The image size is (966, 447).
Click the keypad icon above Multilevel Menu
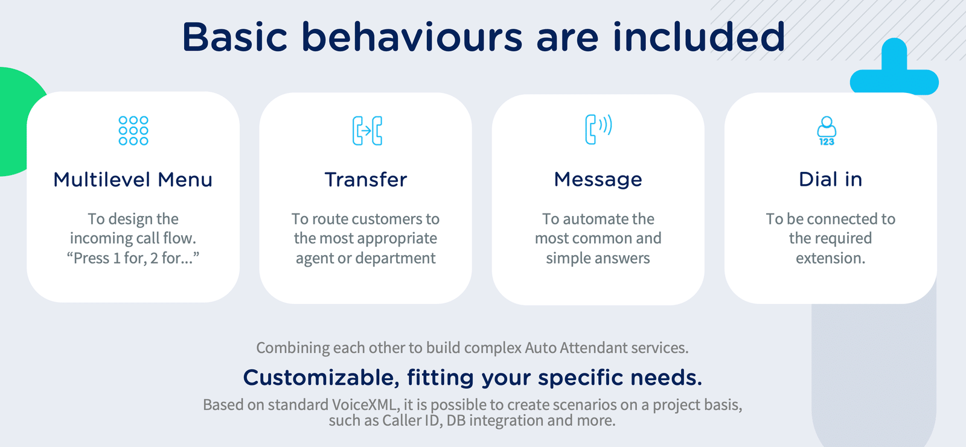coord(133,130)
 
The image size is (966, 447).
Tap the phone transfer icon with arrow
coord(367,130)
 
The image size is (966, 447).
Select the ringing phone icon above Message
coord(598,129)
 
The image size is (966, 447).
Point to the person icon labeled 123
coord(827,131)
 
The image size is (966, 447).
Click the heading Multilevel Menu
coord(133,179)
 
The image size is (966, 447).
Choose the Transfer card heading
coord(366,179)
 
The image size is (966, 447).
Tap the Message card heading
coord(598,179)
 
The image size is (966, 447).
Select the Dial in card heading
coord(831,179)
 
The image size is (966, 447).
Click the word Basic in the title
coord(235,37)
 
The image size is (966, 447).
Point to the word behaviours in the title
coord(412,37)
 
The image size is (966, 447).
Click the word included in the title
coord(699,37)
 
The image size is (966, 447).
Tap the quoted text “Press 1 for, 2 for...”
coord(133,258)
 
